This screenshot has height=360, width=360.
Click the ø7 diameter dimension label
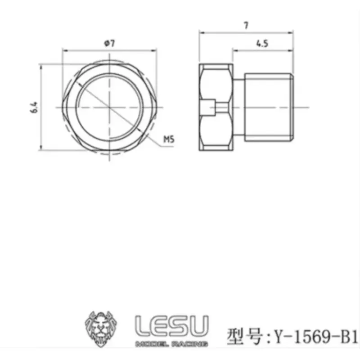tap(109, 43)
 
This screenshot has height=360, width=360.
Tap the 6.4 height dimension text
tap(34, 107)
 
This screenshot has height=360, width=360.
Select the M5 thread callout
tap(169, 139)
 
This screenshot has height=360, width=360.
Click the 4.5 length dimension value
tap(262, 43)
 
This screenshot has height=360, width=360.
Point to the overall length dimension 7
tap(246, 25)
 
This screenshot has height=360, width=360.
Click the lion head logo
tap(101, 328)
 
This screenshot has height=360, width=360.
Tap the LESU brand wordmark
tap(172, 325)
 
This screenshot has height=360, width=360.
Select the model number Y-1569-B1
tap(316, 337)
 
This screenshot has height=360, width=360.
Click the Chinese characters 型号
tap(244, 337)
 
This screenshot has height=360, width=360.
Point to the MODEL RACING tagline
tap(172, 344)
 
